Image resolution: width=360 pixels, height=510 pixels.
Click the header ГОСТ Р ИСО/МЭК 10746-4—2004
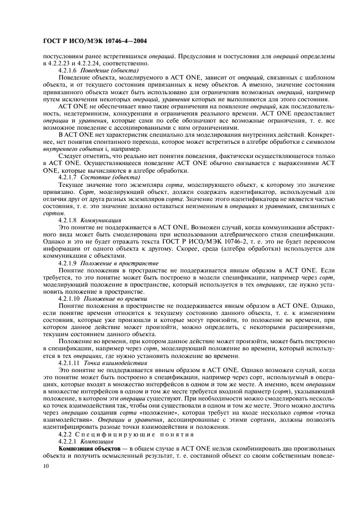(93, 41)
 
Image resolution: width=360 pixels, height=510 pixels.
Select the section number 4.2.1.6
(68, 71)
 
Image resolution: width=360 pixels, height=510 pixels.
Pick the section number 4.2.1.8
(68, 220)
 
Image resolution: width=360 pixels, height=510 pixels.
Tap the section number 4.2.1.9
(68, 262)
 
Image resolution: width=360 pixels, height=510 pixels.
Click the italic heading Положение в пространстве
(113, 262)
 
